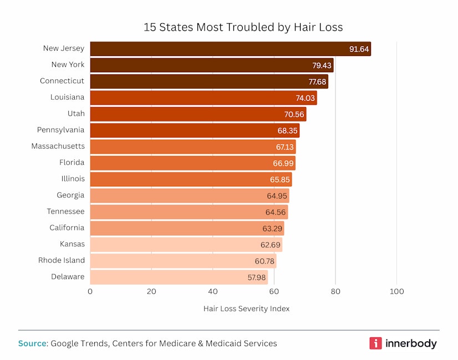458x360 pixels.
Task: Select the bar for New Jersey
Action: [230, 49]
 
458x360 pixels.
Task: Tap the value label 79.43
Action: [322, 65]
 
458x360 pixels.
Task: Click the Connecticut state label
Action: [62, 81]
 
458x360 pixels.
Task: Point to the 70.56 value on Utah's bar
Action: [294, 115]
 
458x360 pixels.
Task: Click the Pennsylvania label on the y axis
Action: [61, 130]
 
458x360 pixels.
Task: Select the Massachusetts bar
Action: [192, 147]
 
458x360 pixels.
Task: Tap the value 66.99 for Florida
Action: [283, 163]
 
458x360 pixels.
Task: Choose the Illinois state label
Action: [73, 179]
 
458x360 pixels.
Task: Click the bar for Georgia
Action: [189, 196]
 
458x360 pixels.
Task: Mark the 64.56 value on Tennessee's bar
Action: [276, 212]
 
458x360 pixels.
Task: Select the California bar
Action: [187, 228]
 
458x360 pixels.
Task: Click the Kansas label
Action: [72, 244]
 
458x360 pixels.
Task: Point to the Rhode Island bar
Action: [183, 261]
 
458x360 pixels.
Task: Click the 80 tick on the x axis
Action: [335, 291]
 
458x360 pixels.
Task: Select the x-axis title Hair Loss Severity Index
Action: [246, 308]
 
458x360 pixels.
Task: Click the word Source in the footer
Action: [32, 343]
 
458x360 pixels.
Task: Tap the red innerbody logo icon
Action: [375, 343]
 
